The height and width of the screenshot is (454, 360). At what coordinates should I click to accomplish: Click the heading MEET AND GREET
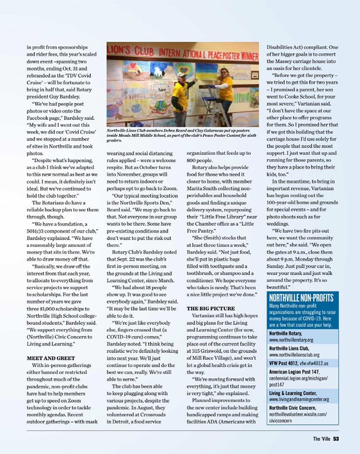pyautogui.click(x=51, y=357)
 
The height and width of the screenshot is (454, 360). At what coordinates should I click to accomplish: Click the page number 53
pyautogui.click(x=336, y=439)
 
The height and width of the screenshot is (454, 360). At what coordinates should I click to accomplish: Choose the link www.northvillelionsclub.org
pyautogui.click(x=294, y=355)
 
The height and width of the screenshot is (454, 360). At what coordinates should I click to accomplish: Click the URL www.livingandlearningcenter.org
pyautogui.click(x=299, y=399)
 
